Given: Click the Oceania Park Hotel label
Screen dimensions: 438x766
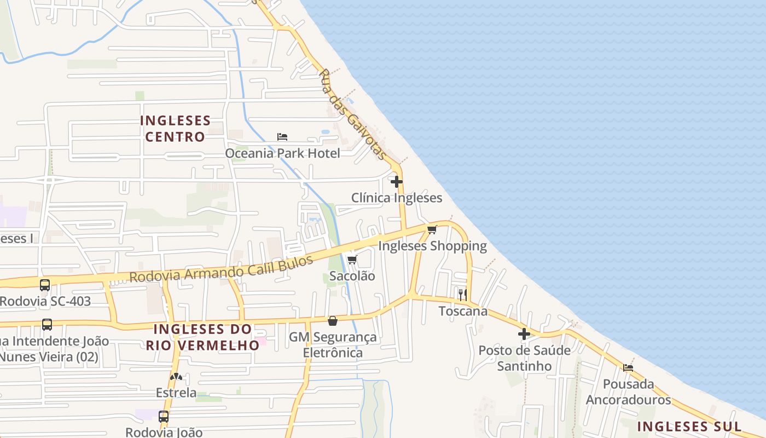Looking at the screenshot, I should click(x=282, y=153).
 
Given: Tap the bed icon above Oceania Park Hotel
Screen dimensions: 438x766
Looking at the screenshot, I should click(x=282, y=136).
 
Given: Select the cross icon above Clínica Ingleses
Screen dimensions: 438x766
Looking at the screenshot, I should click(x=397, y=181).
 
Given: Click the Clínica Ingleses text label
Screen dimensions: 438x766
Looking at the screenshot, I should click(x=396, y=198).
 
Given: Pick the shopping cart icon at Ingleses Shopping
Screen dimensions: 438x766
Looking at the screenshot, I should click(x=432, y=229).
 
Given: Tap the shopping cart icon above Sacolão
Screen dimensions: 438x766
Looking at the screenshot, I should click(x=352, y=260).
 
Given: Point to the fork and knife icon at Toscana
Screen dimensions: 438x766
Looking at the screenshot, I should click(x=463, y=295).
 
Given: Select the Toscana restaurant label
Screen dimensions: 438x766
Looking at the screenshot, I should click(x=463, y=311).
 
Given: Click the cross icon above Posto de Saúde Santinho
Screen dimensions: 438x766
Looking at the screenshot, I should click(x=524, y=333).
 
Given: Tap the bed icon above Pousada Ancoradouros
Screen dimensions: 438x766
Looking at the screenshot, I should click(x=628, y=367).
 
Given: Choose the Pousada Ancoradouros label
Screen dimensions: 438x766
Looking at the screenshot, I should click(x=628, y=391).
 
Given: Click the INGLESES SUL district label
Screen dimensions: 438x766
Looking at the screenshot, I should click(x=689, y=427).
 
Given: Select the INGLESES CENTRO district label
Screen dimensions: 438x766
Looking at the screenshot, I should click(x=175, y=128).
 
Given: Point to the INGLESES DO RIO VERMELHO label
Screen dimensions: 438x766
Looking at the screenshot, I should click(x=202, y=337).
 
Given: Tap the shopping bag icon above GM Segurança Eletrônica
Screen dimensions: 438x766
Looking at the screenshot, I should click(x=333, y=320).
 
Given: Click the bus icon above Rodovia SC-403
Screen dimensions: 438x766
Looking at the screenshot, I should click(x=45, y=285).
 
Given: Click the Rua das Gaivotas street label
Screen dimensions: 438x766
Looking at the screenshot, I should click(x=353, y=114).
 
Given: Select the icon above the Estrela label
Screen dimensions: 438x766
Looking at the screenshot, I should click(x=176, y=377).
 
